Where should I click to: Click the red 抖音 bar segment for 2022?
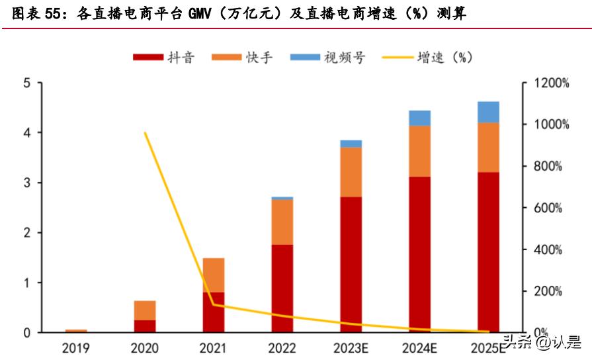tap(282, 288)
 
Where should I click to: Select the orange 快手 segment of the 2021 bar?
tap(214, 275)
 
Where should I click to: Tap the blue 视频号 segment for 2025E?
tap(489, 112)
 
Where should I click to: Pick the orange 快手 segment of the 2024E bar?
tap(420, 151)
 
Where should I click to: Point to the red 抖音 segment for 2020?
tap(145, 326)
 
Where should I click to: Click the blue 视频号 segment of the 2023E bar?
tap(351, 144)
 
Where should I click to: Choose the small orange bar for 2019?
tap(76, 330)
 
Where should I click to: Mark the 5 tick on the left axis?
tap(26, 83)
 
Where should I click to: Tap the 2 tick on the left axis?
tap(26, 233)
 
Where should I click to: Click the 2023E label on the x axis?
tap(351, 347)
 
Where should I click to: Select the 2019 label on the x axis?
tap(76, 347)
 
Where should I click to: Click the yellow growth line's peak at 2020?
tap(145, 133)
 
